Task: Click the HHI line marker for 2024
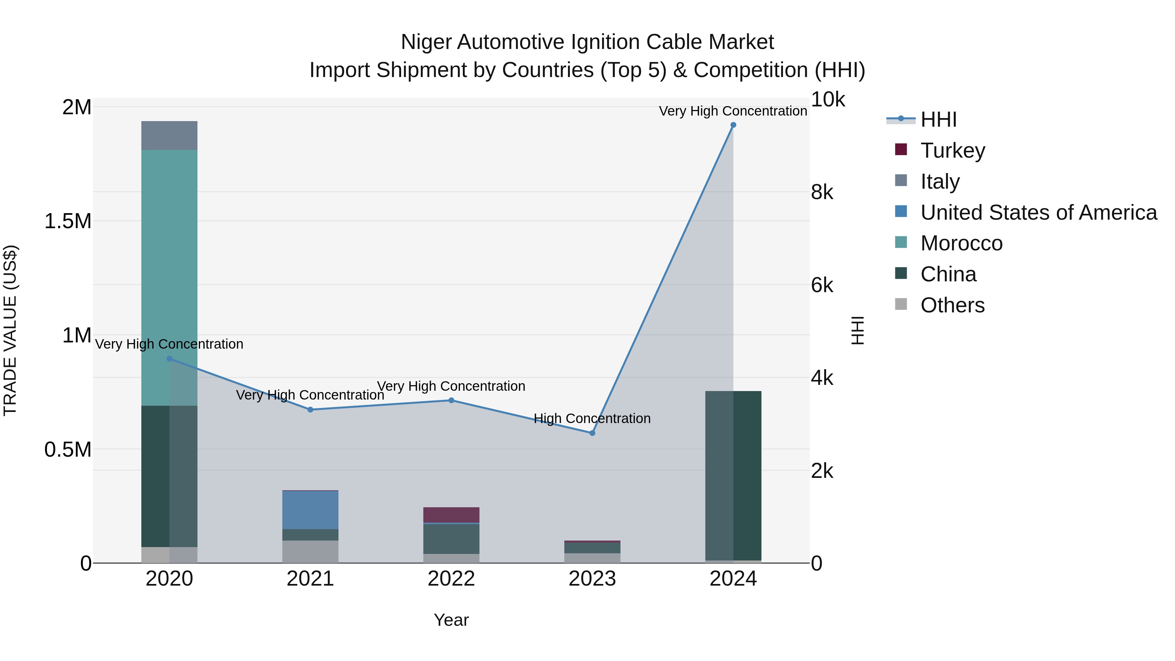(x=733, y=125)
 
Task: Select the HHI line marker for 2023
(x=592, y=433)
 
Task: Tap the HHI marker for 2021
(x=310, y=410)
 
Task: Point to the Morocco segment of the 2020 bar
(x=169, y=274)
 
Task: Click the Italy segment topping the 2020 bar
(x=169, y=135)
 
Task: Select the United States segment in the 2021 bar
(x=310, y=510)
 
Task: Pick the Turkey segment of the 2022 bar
(x=451, y=514)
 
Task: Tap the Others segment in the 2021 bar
(x=310, y=552)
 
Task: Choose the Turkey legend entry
(x=952, y=150)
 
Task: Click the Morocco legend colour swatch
(x=901, y=242)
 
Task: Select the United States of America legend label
(x=1039, y=212)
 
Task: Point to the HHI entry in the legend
(x=938, y=119)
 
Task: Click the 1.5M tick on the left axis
(x=68, y=221)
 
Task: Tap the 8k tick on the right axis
(x=822, y=193)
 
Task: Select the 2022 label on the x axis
(x=451, y=579)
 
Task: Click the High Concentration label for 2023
(x=592, y=418)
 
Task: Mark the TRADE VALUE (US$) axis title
(x=10, y=330)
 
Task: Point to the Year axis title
(x=451, y=620)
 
